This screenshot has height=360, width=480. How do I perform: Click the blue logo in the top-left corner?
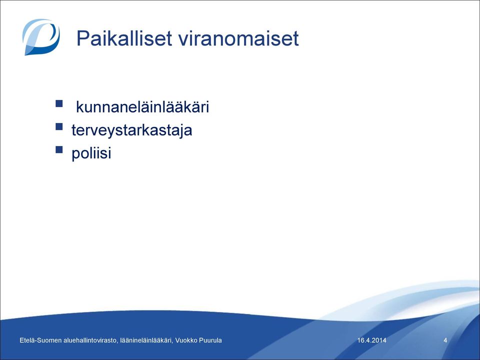pos(41,37)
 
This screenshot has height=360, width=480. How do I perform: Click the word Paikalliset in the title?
pos(124,38)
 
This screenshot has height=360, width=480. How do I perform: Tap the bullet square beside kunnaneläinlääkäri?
pos(59,103)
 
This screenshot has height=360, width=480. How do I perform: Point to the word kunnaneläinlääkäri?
pos(142,107)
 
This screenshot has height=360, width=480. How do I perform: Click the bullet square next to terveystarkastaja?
pos(59,126)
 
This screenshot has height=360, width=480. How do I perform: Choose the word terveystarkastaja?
pos(132,130)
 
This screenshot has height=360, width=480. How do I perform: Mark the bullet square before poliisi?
pos(59,149)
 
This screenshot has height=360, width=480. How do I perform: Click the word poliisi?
pos(91,153)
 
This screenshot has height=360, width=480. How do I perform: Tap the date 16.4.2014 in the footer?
pos(371,340)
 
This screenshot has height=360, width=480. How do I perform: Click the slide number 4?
pos(445,340)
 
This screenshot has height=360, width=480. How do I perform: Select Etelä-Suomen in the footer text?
pos(40,340)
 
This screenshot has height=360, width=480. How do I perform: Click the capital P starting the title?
pos(82,38)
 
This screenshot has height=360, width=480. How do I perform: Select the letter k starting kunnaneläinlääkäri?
pos(79,107)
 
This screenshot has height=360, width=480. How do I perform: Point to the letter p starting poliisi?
pos(75,155)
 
